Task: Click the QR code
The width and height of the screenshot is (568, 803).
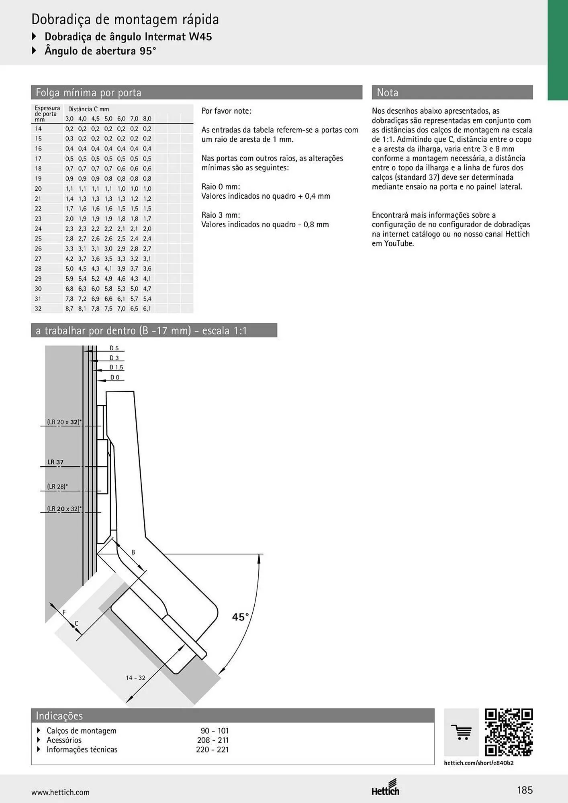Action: (x=509, y=732)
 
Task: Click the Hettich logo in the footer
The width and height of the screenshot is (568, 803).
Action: (x=385, y=788)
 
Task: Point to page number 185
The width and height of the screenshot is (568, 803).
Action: (x=525, y=790)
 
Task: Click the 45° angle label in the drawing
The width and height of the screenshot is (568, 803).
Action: (x=240, y=617)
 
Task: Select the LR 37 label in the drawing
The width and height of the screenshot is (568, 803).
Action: (x=55, y=462)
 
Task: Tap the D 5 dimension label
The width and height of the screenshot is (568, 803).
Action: (x=114, y=348)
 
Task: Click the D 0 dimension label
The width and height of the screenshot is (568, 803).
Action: (x=115, y=377)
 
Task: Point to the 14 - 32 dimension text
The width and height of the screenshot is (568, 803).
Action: (x=135, y=678)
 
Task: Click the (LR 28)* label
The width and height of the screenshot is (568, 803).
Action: (x=57, y=487)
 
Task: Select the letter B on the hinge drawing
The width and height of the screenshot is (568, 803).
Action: (x=133, y=552)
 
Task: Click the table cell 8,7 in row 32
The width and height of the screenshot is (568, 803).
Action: (x=69, y=309)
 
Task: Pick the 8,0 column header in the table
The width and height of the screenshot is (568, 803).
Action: (x=147, y=119)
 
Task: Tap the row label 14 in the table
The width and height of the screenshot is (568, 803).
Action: (x=38, y=129)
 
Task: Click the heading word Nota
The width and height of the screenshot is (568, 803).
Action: (x=387, y=93)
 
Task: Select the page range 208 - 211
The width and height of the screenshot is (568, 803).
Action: (x=213, y=740)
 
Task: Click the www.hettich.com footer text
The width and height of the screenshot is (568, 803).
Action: (x=61, y=792)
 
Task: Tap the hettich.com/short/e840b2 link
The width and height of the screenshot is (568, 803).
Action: (x=479, y=763)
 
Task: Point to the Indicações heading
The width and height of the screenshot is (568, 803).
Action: (x=59, y=715)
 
